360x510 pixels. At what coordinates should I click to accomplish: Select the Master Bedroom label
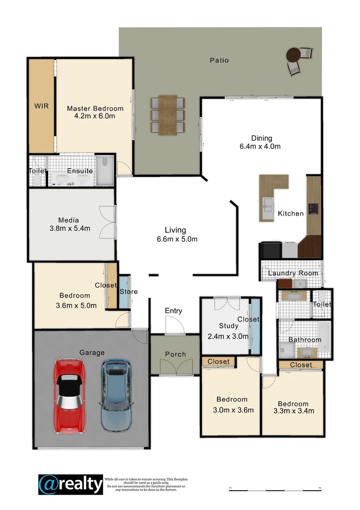(95, 108)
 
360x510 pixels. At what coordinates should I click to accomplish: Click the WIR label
(42, 106)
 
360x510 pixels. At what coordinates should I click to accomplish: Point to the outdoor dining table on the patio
(167, 115)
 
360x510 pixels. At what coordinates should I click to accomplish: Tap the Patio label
(219, 60)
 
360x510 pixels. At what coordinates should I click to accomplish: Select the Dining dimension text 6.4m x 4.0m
(260, 146)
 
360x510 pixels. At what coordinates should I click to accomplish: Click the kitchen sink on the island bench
(268, 205)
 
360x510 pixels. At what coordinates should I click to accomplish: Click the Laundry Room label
(293, 273)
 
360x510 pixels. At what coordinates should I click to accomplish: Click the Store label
(128, 292)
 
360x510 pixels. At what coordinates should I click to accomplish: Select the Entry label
(173, 311)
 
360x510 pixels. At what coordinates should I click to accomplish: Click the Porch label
(175, 354)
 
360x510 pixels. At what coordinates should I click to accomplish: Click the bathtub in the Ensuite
(72, 179)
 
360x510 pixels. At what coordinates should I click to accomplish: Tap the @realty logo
(70, 484)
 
